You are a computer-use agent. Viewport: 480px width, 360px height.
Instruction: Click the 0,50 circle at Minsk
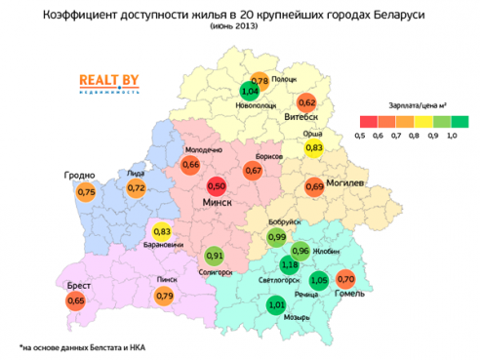217,185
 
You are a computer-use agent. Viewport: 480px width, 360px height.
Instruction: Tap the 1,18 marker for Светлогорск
289,265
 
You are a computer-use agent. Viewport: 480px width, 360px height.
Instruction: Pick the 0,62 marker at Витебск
306,102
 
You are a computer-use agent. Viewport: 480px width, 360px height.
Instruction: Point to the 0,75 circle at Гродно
87,193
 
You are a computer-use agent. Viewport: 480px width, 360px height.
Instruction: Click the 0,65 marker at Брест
75,301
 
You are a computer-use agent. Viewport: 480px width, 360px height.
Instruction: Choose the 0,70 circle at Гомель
344,282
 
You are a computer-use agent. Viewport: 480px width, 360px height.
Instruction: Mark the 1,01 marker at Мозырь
275,304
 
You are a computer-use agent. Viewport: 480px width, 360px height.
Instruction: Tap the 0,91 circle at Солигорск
216,257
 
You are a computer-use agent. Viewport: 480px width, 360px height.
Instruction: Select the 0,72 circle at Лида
136,187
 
